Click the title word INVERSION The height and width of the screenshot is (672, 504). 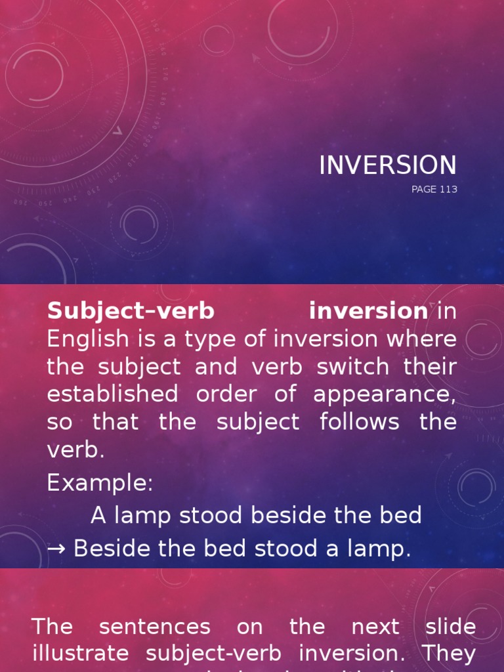click(x=387, y=165)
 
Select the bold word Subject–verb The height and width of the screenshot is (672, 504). click(x=131, y=311)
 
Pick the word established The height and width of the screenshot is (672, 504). click(x=112, y=394)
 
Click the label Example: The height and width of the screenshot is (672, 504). click(x=100, y=483)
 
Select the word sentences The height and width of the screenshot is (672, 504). click(x=155, y=627)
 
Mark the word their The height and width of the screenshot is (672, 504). click(x=430, y=366)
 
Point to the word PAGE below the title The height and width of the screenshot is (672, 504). click(x=423, y=190)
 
